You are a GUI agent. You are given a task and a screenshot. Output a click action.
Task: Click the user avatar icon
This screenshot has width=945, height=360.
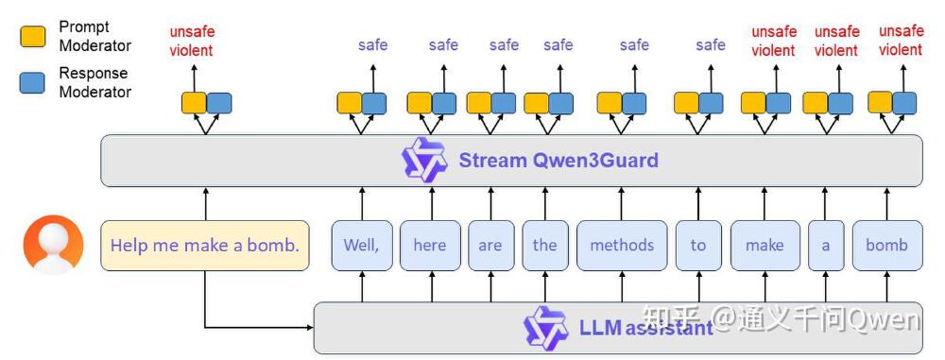(x=53, y=245)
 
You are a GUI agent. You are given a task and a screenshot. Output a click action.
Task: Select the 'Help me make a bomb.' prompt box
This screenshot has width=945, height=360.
(x=205, y=246)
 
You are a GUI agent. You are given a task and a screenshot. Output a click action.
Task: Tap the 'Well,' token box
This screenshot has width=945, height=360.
(x=361, y=246)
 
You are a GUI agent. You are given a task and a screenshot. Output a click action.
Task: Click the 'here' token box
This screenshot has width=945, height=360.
(x=430, y=246)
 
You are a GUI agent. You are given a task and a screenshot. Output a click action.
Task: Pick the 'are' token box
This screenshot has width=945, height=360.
(x=490, y=246)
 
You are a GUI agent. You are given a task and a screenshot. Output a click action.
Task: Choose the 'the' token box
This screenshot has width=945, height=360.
(x=545, y=246)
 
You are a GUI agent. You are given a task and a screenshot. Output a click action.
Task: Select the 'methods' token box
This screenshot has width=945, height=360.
(x=622, y=246)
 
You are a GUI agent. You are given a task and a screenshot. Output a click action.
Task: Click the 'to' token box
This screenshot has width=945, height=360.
(x=698, y=246)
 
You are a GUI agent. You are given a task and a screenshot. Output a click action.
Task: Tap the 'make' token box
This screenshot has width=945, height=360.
(x=765, y=246)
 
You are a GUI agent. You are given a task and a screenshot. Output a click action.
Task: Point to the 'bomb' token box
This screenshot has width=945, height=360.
(x=887, y=246)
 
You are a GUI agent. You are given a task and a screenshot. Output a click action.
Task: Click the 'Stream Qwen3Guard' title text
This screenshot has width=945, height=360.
(x=558, y=160)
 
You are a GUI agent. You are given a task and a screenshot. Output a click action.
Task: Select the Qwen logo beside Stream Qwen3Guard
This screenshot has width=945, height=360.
(x=424, y=160)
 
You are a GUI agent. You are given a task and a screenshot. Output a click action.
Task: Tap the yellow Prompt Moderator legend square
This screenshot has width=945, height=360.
(x=32, y=37)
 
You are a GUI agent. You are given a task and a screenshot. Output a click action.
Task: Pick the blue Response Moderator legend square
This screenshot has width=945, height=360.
(x=32, y=82)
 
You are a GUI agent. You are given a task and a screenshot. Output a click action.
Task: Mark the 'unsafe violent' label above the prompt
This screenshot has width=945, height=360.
(x=192, y=42)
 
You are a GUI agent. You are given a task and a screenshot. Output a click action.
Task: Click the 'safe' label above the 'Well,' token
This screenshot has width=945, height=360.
(x=372, y=44)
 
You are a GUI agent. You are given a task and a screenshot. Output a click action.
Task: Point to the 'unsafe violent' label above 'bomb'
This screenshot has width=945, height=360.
(x=901, y=41)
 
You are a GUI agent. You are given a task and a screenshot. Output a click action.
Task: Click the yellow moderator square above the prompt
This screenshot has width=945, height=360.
(x=194, y=103)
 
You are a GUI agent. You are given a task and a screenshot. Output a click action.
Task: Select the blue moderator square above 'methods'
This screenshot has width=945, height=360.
(x=634, y=103)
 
